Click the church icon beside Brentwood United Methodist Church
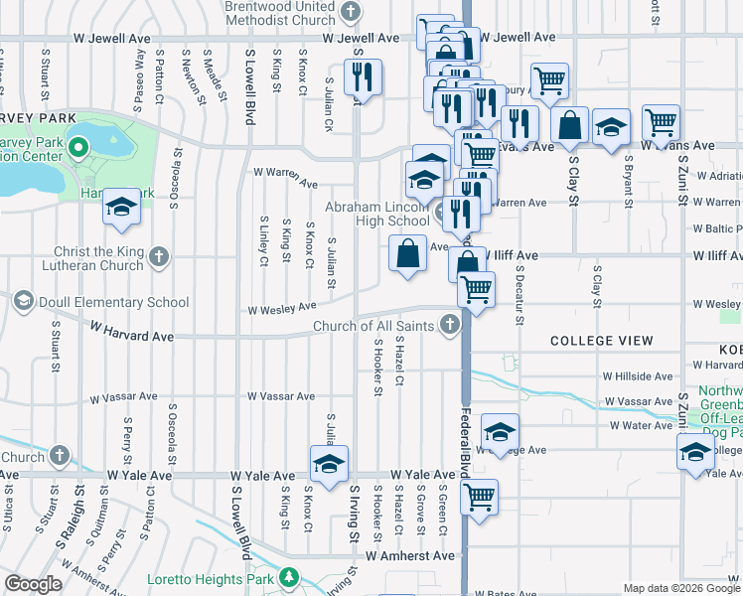click(349, 12)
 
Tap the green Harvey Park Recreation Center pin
click(82, 150)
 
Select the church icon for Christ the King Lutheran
click(158, 258)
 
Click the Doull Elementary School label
click(112, 302)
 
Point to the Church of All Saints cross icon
click(450, 325)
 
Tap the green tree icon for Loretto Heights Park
click(288, 576)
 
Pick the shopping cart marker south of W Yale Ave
click(479, 497)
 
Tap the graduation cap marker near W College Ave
click(500, 432)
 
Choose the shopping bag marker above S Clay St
click(570, 125)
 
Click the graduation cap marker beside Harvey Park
click(121, 207)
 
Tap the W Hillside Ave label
click(638, 376)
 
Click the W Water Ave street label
click(642, 425)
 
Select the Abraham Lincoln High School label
click(378, 214)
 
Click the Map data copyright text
click(681, 588)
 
